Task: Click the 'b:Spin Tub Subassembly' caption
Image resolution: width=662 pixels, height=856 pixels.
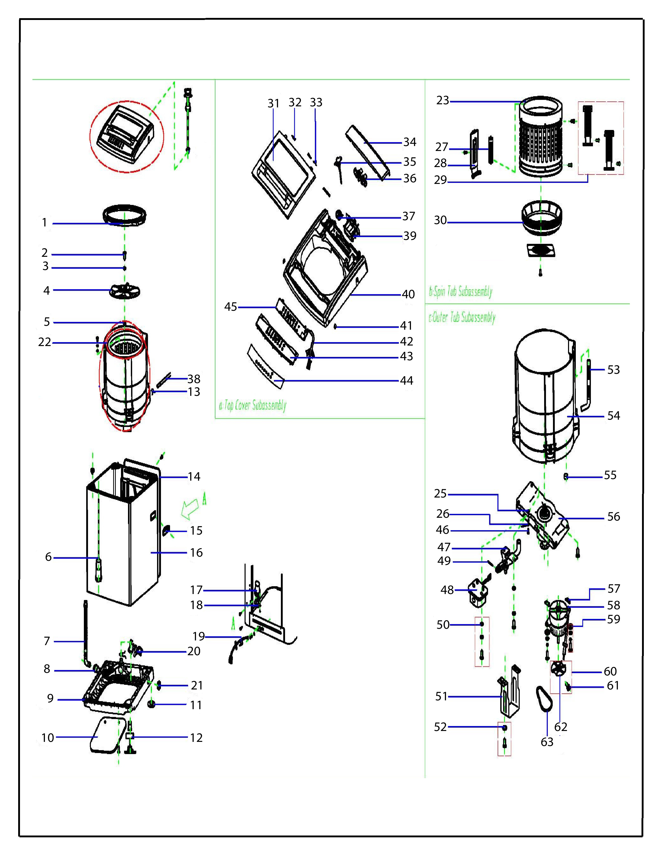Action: [461, 292]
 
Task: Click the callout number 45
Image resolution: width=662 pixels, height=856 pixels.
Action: [230, 307]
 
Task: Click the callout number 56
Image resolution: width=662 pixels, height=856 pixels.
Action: [613, 516]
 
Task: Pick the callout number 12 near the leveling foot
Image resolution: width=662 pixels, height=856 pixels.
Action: [196, 738]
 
